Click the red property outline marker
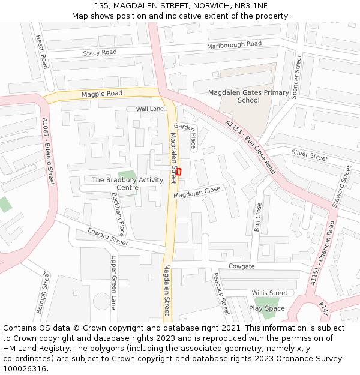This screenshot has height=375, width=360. point(178,172)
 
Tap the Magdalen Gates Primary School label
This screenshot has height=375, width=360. point(248,97)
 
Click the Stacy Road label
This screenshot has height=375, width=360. point(100,53)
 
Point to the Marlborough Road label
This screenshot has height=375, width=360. point(234,45)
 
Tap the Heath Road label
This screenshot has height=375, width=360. point(41,51)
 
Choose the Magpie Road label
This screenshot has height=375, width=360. point(102,94)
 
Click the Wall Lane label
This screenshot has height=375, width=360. point(150,109)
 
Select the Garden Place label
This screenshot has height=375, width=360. point(185,136)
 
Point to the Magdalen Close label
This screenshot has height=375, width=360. point(197,193)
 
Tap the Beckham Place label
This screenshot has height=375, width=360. point(118,214)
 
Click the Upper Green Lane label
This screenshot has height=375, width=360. point(113,282)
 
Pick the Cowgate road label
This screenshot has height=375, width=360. point(241,266)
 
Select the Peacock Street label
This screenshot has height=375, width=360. point(221,293)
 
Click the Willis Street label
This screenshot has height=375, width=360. point(269,293)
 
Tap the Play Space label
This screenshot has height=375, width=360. point(267,308)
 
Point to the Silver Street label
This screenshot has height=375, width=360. point(310,155)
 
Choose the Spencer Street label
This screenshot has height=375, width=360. point(296,77)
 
